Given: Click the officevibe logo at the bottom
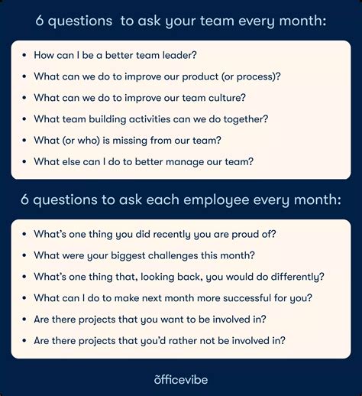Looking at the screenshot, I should [181, 378].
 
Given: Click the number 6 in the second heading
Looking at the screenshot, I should [26, 200].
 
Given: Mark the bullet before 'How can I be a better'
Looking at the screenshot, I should [25, 56].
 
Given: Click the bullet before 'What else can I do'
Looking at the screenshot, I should [25, 162].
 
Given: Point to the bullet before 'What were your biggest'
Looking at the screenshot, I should [25, 256].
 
